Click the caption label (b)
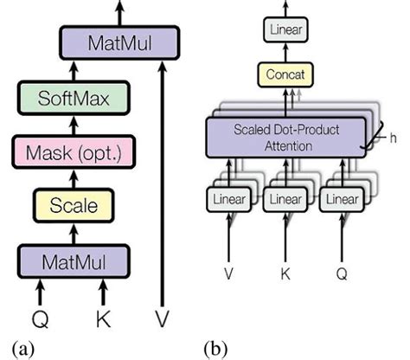coord(215,348)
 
